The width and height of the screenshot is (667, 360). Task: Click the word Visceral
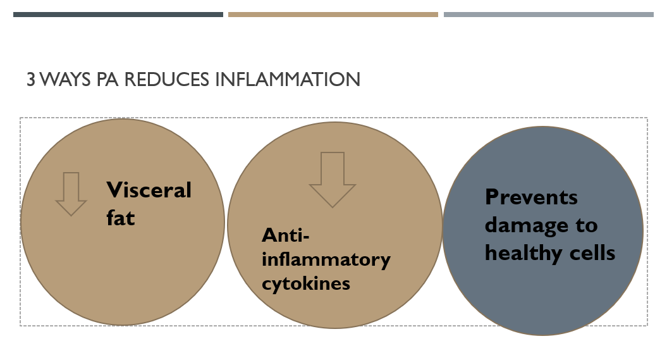coord(149,190)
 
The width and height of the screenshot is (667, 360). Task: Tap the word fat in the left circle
coord(120,218)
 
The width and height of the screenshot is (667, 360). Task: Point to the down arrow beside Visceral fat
coord(71,194)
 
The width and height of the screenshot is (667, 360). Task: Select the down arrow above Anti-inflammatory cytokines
coord(332,180)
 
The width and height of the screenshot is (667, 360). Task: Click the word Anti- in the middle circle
coord(285,235)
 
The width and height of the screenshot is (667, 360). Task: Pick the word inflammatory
coord(326,260)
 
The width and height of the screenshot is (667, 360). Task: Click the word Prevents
coord(531,197)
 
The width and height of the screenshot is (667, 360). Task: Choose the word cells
coord(592,253)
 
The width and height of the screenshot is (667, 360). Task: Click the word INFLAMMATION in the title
coord(288,80)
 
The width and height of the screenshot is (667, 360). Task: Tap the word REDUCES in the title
coord(166,80)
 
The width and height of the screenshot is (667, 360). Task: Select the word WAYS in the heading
coord(65,80)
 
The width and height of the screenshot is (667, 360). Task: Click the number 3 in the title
coord(30,80)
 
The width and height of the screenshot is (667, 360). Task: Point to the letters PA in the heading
coord(107,80)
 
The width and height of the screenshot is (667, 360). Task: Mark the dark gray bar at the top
coord(118,15)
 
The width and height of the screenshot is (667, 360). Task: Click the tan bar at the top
coord(333,15)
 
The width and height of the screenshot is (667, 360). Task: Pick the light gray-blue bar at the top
coord(549,15)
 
